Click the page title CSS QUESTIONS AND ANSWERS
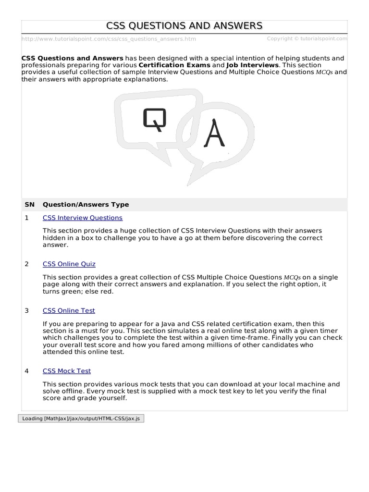184,26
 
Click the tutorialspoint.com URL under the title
109,39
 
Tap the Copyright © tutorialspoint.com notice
307,38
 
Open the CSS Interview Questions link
83,218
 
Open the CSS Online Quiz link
69,264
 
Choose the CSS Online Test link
69,310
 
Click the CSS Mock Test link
67,371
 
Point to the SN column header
29,204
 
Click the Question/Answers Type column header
86,204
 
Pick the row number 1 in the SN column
27,218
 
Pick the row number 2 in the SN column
27,264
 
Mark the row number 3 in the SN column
27,310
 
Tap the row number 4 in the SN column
27,371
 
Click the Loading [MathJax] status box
81,418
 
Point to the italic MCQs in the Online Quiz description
292,278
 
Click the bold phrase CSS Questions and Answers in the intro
73,58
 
